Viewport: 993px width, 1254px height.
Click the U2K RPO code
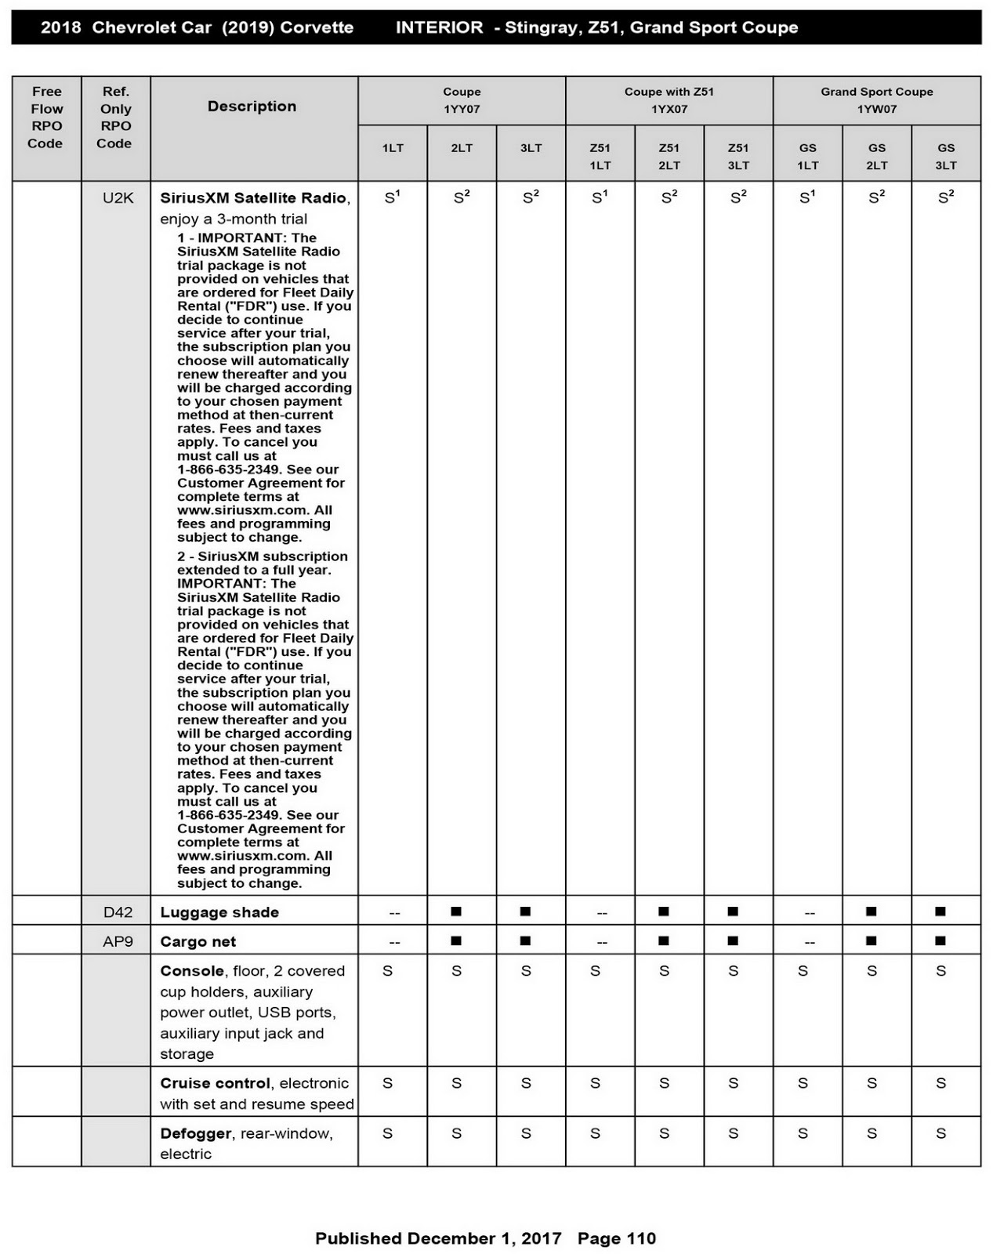(x=118, y=198)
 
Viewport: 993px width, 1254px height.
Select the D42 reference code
(x=118, y=912)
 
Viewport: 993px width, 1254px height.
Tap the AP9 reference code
(x=118, y=941)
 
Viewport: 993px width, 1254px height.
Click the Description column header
(x=252, y=107)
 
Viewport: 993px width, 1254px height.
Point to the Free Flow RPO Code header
(x=46, y=118)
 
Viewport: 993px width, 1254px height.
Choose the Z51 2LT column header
(x=669, y=156)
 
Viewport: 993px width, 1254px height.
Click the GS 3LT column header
(x=946, y=156)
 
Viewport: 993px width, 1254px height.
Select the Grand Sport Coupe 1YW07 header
(x=876, y=100)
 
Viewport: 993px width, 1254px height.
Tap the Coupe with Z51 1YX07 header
(x=669, y=100)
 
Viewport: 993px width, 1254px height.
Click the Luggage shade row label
(x=219, y=912)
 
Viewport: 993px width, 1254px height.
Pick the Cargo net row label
(x=198, y=941)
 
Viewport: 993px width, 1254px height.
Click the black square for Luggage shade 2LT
(x=456, y=911)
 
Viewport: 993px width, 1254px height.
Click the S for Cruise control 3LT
(x=526, y=1083)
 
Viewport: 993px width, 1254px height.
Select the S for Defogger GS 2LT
(x=872, y=1133)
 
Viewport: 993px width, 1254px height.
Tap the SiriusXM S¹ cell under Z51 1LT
(x=600, y=198)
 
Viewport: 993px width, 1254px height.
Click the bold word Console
(x=192, y=971)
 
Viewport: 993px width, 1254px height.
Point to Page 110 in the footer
(x=616, y=1238)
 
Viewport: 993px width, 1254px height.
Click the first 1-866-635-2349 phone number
(x=228, y=469)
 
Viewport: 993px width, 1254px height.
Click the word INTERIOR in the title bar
(x=439, y=27)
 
